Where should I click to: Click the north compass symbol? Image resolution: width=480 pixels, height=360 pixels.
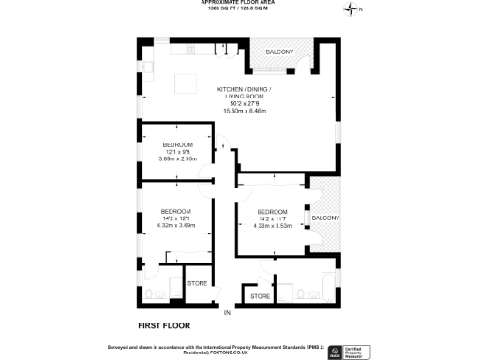pos(352,9)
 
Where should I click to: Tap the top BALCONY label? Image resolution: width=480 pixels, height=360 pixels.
pos(279,52)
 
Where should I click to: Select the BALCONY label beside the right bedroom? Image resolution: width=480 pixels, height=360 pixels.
pos(325,217)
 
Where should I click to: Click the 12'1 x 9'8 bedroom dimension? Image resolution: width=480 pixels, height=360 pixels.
pos(176,152)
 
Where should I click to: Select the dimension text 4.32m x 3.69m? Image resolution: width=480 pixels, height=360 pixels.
pos(175,225)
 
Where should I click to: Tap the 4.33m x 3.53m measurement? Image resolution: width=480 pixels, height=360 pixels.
pos(272,225)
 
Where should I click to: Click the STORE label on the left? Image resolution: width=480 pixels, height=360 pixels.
pos(197,282)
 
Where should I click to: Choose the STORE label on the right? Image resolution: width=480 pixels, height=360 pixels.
pos(261,296)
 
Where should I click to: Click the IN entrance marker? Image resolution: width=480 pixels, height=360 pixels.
pos(226,310)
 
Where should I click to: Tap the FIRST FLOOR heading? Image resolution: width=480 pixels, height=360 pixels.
pos(164,325)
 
